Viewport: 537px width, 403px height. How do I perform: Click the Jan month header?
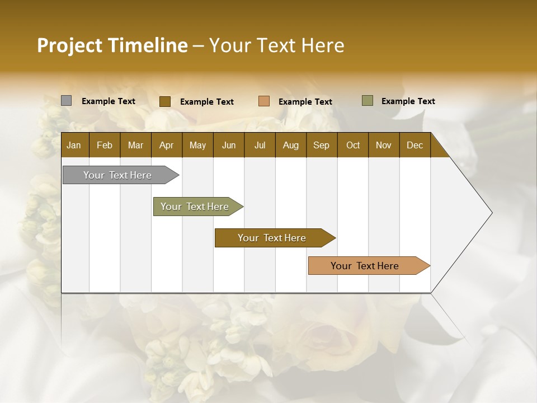coord(74,145)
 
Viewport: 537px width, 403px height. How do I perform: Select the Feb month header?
coord(105,145)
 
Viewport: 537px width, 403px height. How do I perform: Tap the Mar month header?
coord(135,145)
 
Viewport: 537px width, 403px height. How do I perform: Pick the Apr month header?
coord(166,145)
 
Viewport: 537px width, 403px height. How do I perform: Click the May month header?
coord(197,145)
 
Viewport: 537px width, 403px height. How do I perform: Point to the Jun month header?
coord(229,145)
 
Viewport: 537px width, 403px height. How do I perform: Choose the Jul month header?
coord(260,145)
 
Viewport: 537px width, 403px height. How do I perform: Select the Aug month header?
coord(290,145)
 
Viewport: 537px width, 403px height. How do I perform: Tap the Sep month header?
coord(321,145)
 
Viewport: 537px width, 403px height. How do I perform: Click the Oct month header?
coord(352,145)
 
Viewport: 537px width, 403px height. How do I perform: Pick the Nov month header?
coord(383,145)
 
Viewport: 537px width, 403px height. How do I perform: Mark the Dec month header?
coord(414,145)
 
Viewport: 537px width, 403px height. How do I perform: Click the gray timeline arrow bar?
coord(118,175)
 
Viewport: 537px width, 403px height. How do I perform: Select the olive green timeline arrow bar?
coord(195,207)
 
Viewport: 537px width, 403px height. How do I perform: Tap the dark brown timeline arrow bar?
coord(272,238)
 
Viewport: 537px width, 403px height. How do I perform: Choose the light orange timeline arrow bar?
coord(365,266)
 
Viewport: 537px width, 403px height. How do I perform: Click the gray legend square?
coord(66,101)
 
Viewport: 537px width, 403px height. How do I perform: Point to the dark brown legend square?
coord(164,101)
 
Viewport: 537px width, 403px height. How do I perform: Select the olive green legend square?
coord(367,101)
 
